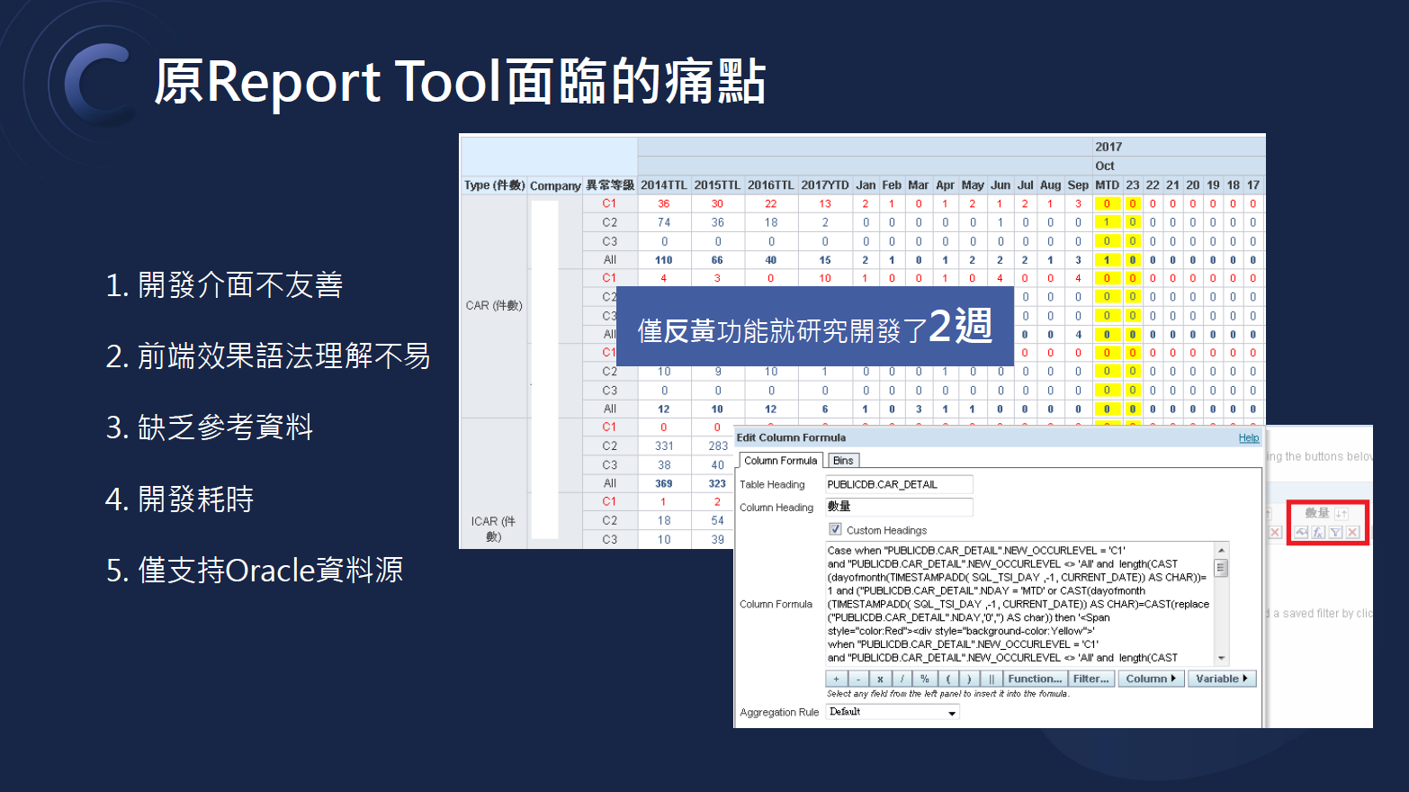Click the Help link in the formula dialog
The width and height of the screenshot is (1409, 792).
click(1249, 438)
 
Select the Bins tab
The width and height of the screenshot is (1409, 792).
click(843, 461)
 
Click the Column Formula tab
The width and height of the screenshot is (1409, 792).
click(780, 461)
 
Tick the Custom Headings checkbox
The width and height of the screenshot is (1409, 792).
click(836, 529)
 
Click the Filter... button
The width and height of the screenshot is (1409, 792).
click(1090, 679)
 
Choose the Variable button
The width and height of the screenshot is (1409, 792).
click(1221, 679)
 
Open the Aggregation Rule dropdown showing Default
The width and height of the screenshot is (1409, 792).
click(893, 712)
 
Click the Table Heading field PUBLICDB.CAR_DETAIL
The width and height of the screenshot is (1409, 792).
click(898, 484)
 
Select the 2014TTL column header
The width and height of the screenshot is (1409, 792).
click(663, 185)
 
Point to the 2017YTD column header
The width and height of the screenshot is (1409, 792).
click(824, 185)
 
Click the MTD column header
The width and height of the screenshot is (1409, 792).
click(1107, 185)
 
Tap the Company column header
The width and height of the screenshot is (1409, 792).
click(554, 186)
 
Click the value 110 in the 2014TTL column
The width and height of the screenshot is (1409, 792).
click(664, 260)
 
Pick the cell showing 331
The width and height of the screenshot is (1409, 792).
click(664, 446)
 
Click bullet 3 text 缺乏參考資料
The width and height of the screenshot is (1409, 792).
click(225, 427)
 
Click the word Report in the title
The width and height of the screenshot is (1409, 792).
click(293, 82)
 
